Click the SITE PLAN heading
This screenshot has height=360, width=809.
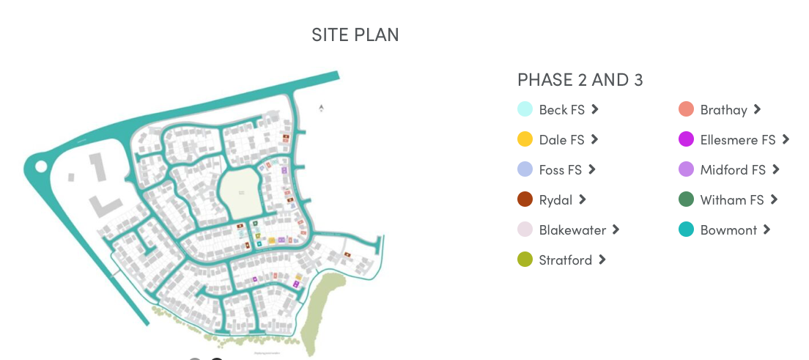click(x=355, y=34)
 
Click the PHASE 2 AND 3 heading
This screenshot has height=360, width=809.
click(x=580, y=80)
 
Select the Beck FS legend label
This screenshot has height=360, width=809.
click(x=561, y=110)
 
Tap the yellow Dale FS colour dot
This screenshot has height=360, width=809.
click(x=525, y=139)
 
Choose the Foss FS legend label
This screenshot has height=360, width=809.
click(x=560, y=170)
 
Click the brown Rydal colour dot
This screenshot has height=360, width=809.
click(x=525, y=199)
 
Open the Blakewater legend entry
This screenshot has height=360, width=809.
click(x=572, y=230)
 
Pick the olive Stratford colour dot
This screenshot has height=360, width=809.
click(x=525, y=260)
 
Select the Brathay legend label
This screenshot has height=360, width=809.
click(x=723, y=110)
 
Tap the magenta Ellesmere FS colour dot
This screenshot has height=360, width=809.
click(x=686, y=139)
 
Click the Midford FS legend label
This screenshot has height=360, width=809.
click(x=733, y=170)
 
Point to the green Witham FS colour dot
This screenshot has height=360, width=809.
click(x=686, y=199)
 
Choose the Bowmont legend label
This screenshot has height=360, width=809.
click(x=728, y=230)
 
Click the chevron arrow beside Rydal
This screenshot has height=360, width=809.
click(x=583, y=199)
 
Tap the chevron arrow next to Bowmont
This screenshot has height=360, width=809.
click(x=766, y=229)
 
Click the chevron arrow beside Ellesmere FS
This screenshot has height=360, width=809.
click(x=786, y=139)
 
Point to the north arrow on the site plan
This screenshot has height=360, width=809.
click(x=321, y=109)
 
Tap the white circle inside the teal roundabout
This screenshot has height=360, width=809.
click(x=41, y=166)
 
